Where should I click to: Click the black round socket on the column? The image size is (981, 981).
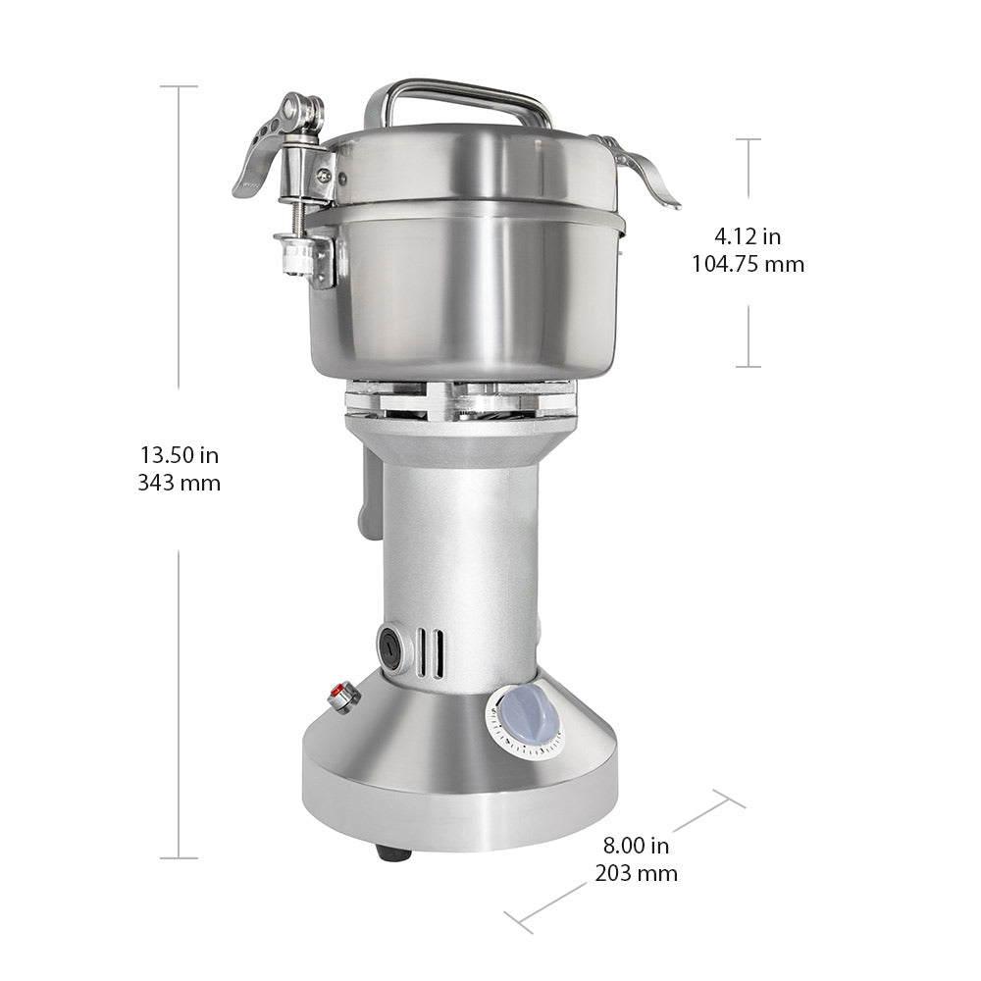390,647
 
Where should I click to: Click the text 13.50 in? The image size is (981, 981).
180,455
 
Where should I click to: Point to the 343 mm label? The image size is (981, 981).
180,483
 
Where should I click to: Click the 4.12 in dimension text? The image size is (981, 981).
748,235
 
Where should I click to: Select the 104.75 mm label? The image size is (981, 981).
748,264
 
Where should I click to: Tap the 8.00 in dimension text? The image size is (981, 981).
637,845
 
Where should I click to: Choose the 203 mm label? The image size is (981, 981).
637,873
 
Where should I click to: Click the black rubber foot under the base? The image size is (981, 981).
392,853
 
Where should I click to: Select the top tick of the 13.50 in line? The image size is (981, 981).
179,86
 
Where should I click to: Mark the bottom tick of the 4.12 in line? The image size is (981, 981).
749,367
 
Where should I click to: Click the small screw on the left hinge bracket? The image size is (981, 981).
323,176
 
